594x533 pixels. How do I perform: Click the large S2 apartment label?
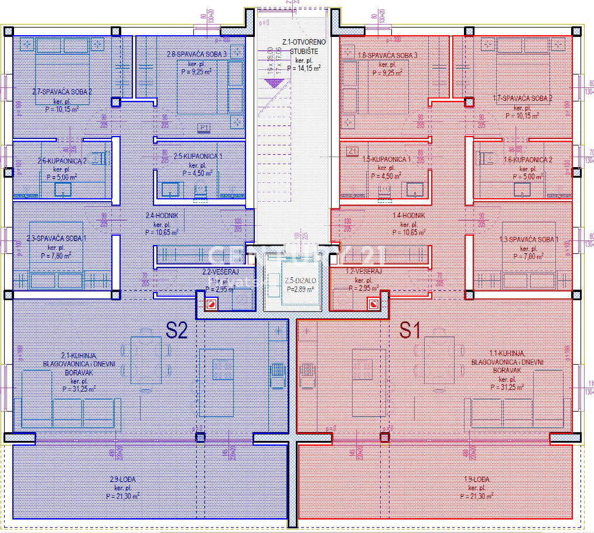176,331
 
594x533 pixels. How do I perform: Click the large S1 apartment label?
410,331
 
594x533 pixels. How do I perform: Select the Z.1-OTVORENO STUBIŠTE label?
303,46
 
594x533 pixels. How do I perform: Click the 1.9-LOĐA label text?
476,480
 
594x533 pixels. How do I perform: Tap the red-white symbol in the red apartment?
373,304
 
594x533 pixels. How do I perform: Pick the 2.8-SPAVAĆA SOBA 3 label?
196,54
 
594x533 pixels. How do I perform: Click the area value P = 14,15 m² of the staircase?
303,69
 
